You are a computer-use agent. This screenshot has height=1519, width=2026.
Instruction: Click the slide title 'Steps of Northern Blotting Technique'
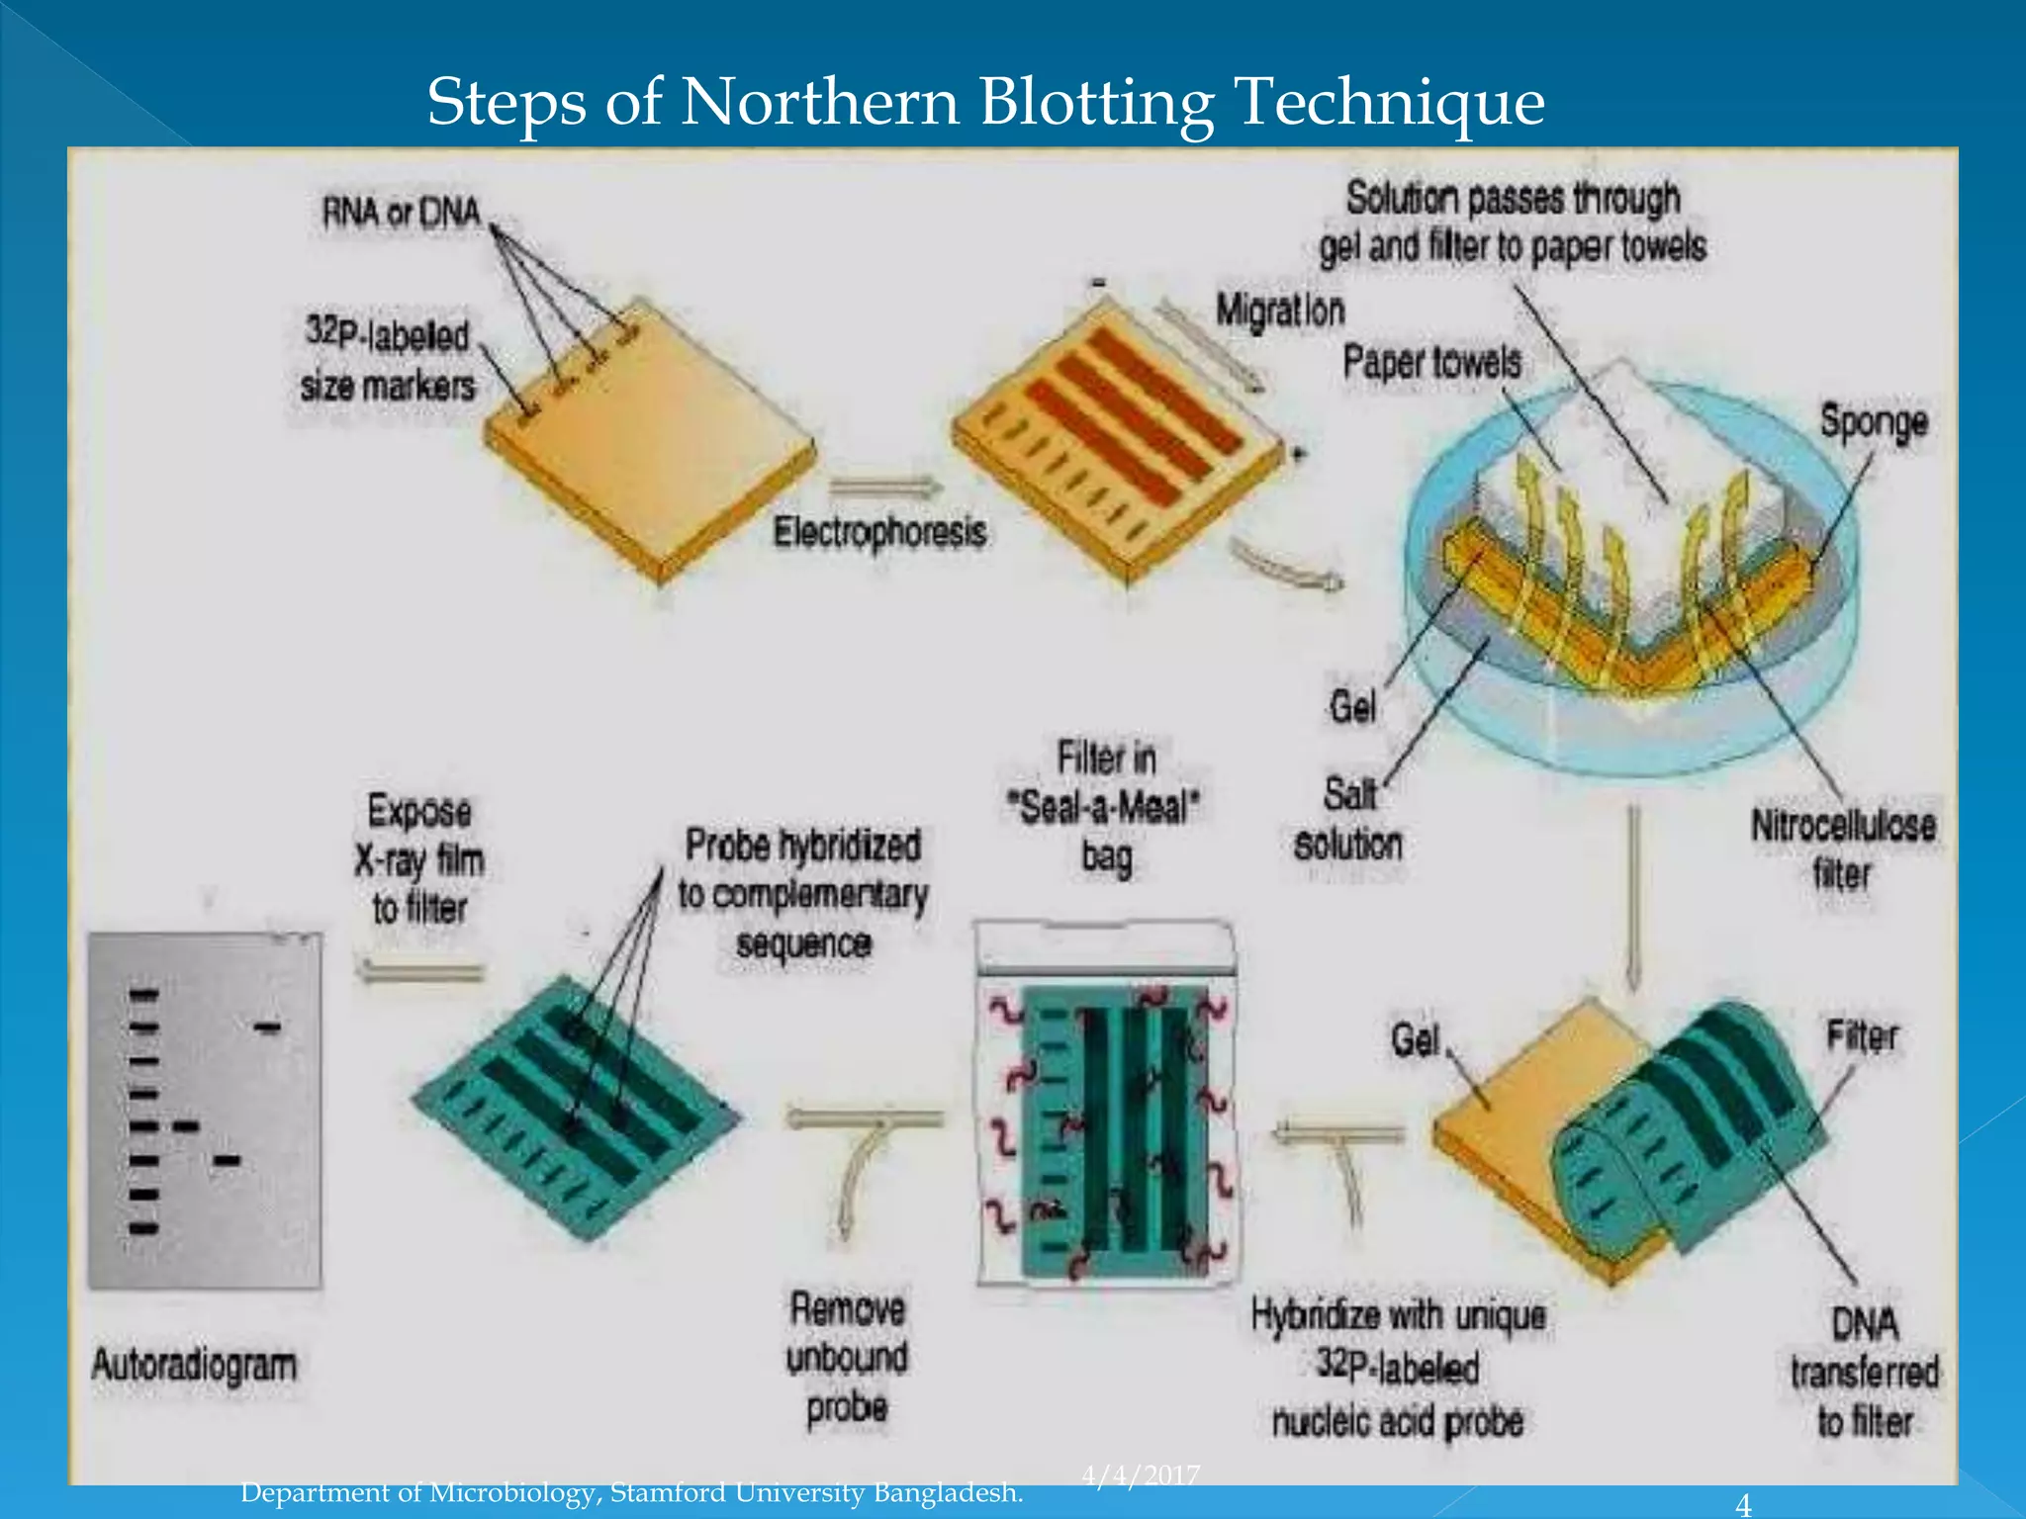985,102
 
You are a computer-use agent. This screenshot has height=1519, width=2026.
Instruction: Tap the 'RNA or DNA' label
401,213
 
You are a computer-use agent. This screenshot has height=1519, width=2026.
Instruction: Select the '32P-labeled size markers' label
388,360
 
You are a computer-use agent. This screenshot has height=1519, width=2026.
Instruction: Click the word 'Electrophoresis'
879,532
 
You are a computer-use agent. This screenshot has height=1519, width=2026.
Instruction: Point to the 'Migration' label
1280,311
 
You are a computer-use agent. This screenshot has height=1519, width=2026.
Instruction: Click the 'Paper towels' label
1431,363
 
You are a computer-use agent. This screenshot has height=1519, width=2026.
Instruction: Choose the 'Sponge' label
1874,422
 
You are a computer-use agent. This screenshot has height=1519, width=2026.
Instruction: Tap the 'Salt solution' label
1348,820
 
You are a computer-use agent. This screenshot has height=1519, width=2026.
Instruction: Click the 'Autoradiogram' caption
194,1365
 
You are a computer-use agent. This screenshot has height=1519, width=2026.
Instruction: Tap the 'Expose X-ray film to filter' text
419,859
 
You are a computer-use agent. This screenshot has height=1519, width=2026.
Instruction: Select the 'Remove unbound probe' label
847,1358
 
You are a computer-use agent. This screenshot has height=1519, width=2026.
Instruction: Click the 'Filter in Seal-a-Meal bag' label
1105,807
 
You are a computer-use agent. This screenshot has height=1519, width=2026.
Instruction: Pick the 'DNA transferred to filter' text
1865,1373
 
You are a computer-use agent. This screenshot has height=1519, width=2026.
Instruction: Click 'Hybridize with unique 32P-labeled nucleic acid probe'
1398,1369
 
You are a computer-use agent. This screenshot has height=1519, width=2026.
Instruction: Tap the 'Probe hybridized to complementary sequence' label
802,894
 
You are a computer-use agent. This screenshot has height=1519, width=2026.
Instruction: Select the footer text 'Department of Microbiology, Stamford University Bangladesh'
632,1492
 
